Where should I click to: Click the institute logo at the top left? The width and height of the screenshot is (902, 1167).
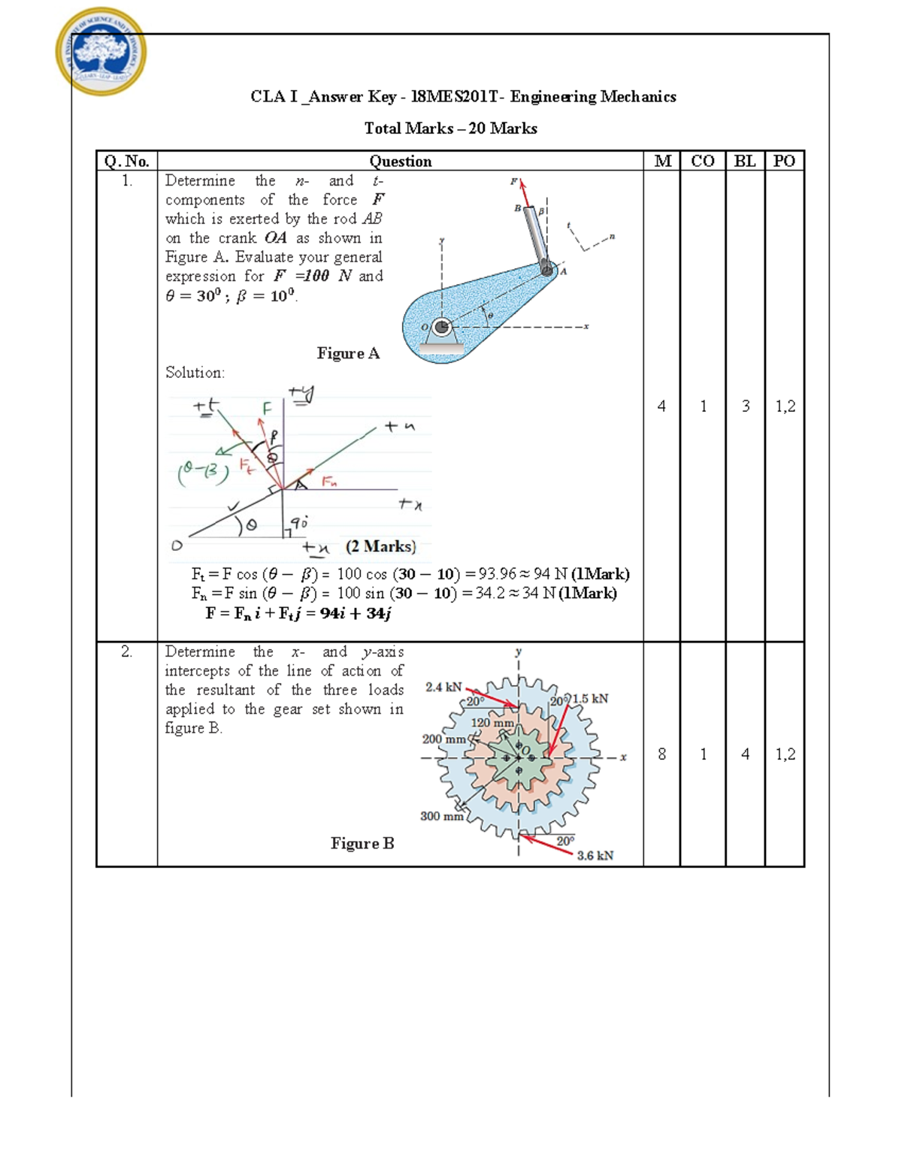point(101,52)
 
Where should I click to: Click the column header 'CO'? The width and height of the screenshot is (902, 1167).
point(702,161)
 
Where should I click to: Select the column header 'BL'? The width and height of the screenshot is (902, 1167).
point(744,161)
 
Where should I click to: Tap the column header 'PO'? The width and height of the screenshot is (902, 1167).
point(784,161)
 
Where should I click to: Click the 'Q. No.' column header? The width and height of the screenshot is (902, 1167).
point(126,161)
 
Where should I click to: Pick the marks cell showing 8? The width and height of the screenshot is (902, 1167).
point(661,754)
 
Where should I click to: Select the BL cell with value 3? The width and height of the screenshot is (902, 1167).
point(745,407)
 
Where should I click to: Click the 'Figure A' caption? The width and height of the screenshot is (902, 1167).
point(348,353)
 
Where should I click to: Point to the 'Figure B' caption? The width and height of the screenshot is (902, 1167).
point(362,843)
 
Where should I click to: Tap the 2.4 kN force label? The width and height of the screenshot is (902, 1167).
point(443,687)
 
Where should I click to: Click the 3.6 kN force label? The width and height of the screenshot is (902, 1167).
point(595,855)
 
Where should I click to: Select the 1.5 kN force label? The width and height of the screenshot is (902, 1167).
point(591,699)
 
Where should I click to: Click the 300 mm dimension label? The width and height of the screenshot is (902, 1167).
point(441,816)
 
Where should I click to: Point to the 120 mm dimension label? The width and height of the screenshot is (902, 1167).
point(492,723)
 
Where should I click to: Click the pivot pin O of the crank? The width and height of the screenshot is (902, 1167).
point(441,327)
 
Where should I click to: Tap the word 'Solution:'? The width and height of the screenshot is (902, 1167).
point(195,373)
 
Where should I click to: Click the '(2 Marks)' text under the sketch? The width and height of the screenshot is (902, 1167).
point(380,546)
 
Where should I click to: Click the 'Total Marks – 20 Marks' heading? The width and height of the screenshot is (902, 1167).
point(450,128)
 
